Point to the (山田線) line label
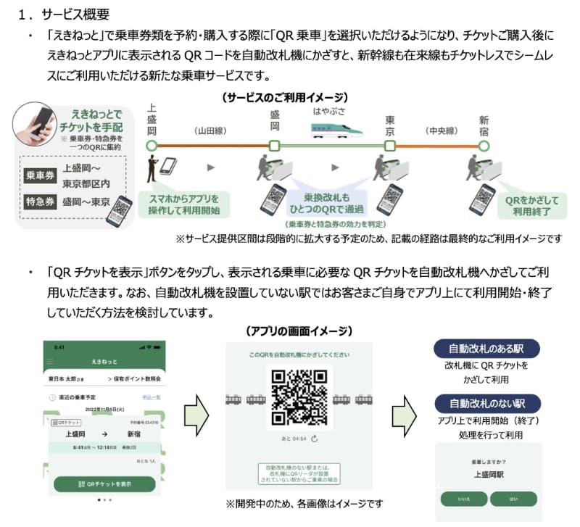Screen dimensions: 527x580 (x=211, y=131)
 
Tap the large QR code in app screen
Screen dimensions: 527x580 (x=299, y=397)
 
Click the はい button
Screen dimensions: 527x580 (x=513, y=499)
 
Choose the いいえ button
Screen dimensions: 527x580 (x=463, y=499)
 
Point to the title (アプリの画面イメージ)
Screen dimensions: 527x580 (x=299, y=331)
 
